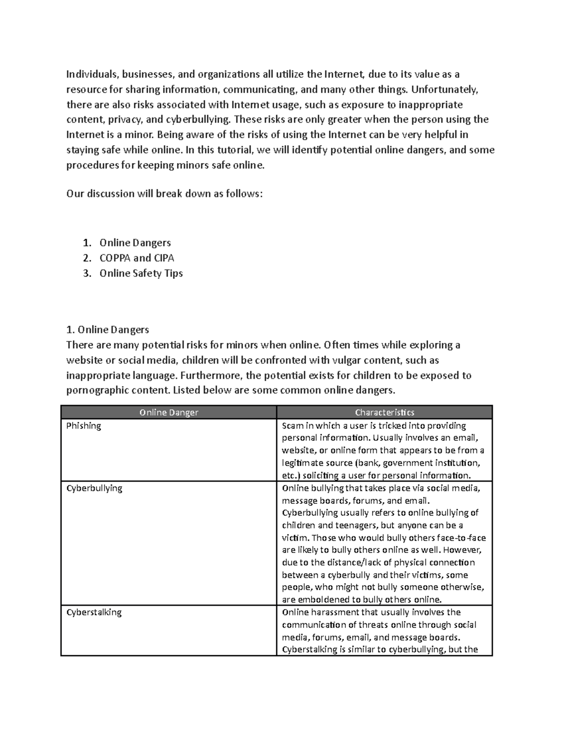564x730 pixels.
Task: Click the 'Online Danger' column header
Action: point(169,413)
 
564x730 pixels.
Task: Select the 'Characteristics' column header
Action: point(384,413)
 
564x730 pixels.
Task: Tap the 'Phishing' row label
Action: point(84,426)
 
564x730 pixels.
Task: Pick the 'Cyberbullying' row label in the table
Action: point(94,488)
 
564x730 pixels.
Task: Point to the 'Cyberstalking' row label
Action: point(94,612)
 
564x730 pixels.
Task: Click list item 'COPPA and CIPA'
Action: point(136,258)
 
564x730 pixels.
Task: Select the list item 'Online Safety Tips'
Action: point(141,274)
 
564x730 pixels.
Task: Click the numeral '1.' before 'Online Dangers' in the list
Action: point(86,243)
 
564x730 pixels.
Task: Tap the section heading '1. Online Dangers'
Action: point(108,330)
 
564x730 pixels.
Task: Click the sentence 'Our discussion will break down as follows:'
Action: point(164,194)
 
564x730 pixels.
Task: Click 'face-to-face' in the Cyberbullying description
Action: point(461,538)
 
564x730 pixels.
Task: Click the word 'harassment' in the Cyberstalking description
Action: point(337,612)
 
